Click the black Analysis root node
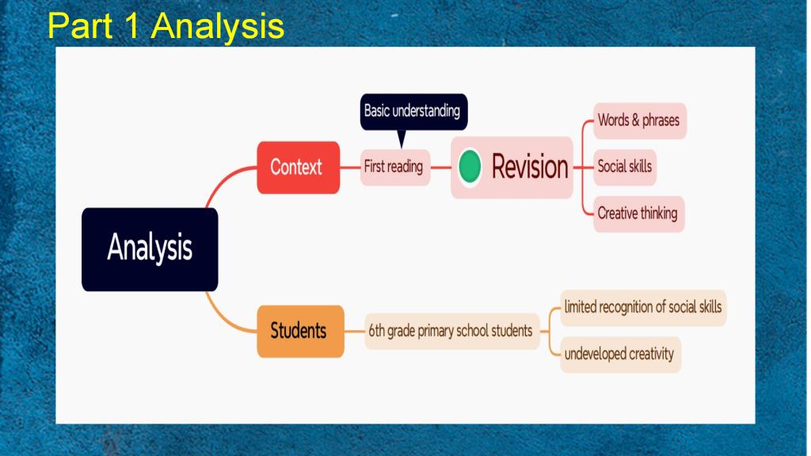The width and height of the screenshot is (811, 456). [x=150, y=249]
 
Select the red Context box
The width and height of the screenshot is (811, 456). [x=299, y=168]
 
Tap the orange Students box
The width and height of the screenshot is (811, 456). [x=300, y=331]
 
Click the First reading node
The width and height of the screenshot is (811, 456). [x=395, y=167]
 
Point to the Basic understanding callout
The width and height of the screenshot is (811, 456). [x=413, y=112]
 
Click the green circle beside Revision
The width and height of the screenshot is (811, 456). [x=470, y=166]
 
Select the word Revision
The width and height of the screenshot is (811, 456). [x=530, y=166]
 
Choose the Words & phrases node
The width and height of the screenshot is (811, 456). [x=640, y=121]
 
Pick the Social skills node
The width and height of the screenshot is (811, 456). [x=625, y=167]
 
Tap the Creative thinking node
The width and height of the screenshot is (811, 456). [x=639, y=214]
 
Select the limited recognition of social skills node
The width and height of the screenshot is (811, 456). [x=643, y=308]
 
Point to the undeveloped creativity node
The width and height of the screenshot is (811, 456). [x=621, y=355]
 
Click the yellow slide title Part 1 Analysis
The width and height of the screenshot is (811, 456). [x=166, y=25]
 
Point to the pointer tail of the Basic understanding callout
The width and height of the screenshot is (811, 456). [x=402, y=139]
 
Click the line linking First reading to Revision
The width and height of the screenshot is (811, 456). [x=440, y=168]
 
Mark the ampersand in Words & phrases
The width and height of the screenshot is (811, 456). [x=636, y=120]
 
